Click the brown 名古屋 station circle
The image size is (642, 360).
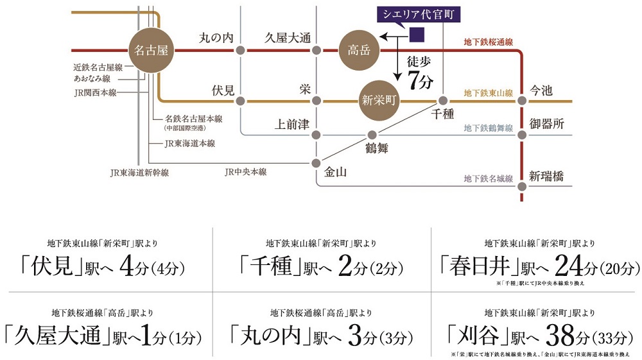pyautogui.click(x=152, y=49)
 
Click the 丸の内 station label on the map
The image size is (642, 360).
pyautogui.click(x=216, y=39)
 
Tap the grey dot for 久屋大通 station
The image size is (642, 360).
pyautogui.click(x=315, y=50)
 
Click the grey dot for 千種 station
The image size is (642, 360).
pyautogui.click(x=443, y=101)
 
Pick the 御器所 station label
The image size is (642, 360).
pyautogui.click(x=546, y=124)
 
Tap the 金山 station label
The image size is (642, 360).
pyautogui.click(x=336, y=171)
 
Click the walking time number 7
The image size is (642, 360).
pyautogui.click(x=415, y=82)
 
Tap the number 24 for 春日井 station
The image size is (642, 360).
pyautogui.click(x=570, y=264)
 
